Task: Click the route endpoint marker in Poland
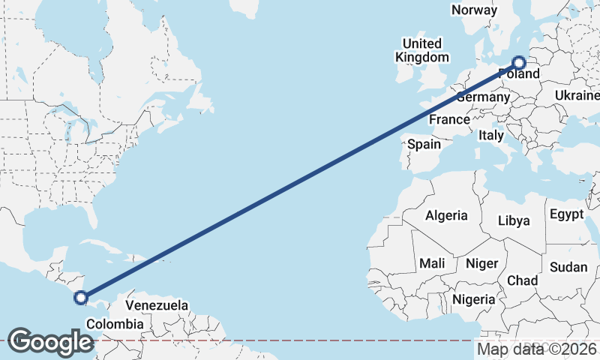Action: tap(518, 63)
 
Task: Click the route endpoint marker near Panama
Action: tap(80, 298)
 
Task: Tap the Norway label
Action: tap(474, 10)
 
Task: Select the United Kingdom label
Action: tap(422, 50)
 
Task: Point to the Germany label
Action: tap(483, 97)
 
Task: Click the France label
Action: tap(449, 120)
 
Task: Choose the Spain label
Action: tap(423, 144)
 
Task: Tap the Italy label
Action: tap(490, 136)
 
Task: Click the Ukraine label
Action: tap(577, 95)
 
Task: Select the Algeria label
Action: tap(446, 216)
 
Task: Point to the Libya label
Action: tap(514, 220)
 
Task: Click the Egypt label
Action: tap(566, 214)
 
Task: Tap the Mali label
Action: tap(432, 263)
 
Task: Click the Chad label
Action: tap(523, 280)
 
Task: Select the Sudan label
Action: tap(568, 267)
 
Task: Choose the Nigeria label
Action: tap(474, 299)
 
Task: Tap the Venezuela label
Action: tap(157, 306)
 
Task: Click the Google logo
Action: tap(50, 342)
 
